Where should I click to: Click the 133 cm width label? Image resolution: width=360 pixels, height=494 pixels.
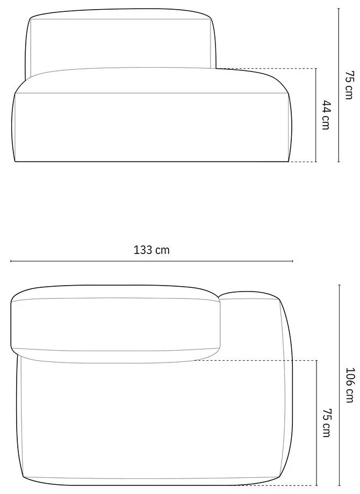(x=152, y=250)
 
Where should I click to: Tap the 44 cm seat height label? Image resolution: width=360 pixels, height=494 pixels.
(x=326, y=115)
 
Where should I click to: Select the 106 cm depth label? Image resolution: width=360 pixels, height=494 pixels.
(x=350, y=384)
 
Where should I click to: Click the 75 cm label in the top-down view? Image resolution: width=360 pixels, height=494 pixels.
(x=326, y=422)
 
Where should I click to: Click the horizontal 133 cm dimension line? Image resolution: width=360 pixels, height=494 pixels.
(x=152, y=261)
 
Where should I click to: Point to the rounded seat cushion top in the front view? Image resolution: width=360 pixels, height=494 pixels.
(x=150, y=81)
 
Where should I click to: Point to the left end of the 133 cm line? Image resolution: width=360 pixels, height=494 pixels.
(x=11, y=261)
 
